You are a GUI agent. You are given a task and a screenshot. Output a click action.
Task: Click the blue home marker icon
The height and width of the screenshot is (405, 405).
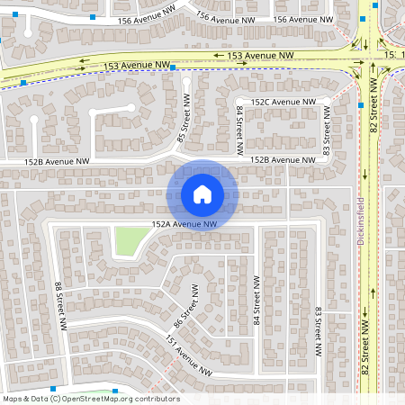(x=202, y=193)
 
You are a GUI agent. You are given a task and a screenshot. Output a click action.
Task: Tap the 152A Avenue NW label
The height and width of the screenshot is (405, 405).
(x=184, y=223)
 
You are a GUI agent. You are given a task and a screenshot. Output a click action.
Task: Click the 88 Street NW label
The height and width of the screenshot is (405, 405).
(x=58, y=298)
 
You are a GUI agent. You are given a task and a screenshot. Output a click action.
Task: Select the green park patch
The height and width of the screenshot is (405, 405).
(x=130, y=240)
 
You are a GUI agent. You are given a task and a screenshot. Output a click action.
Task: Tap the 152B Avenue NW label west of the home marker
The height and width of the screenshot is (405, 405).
(x=57, y=161)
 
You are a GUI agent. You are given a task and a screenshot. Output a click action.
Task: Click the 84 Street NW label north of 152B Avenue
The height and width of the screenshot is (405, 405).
(x=240, y=123)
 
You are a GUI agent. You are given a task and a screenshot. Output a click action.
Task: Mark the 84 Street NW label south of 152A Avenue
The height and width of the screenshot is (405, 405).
(x=256, y=306)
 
